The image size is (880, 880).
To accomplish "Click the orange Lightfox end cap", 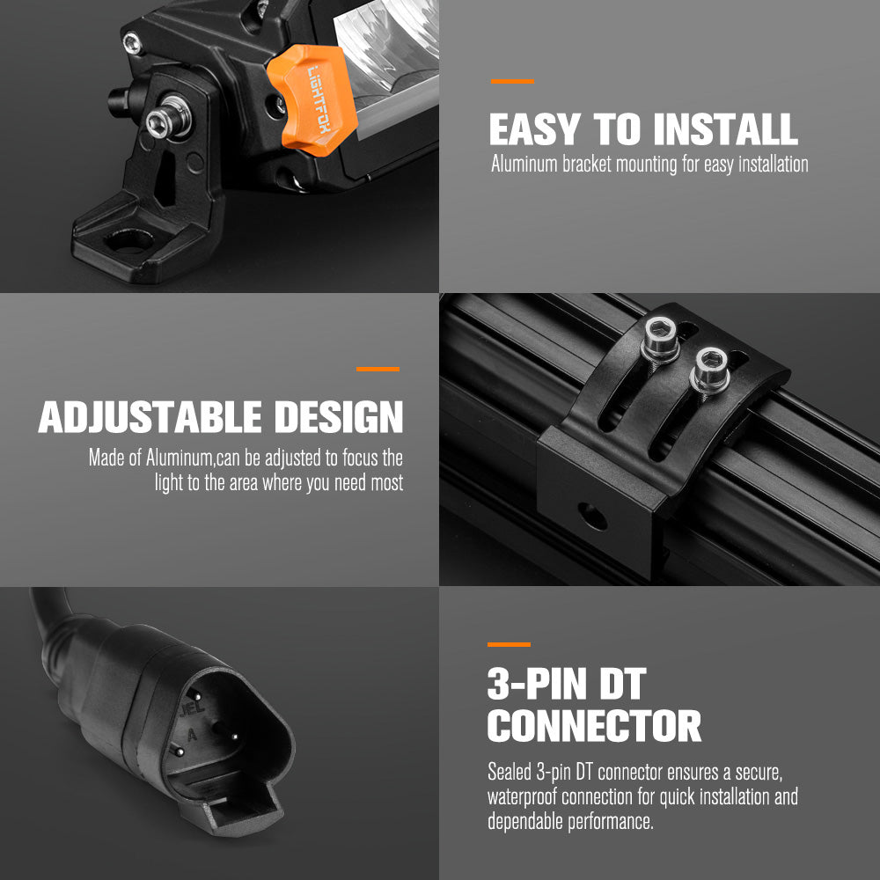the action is (x=312, y=99).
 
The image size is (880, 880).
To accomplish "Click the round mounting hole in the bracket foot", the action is (x=128, y=241).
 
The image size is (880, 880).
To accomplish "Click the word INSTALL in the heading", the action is (x=725, y=129).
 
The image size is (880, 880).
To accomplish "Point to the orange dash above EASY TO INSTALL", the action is (x=512, y=81).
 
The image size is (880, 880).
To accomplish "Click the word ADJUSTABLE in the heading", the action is (x=150, y=417).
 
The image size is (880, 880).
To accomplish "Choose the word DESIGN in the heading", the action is (x=339, y=417).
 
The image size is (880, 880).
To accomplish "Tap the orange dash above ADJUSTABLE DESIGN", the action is (x=378, y=370).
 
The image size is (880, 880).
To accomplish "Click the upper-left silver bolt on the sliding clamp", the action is (x=661, y=338).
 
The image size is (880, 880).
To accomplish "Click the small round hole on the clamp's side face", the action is (x=592, y=517).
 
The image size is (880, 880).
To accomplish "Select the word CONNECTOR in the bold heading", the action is (x=594, y=726).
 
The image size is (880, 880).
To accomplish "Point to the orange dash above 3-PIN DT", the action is (x=509, y=644).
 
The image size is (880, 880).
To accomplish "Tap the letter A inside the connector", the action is (x=193, y=735).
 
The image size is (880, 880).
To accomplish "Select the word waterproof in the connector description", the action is (x=522, y=797).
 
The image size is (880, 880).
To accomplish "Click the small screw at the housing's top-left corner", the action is (x=133, y=43).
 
